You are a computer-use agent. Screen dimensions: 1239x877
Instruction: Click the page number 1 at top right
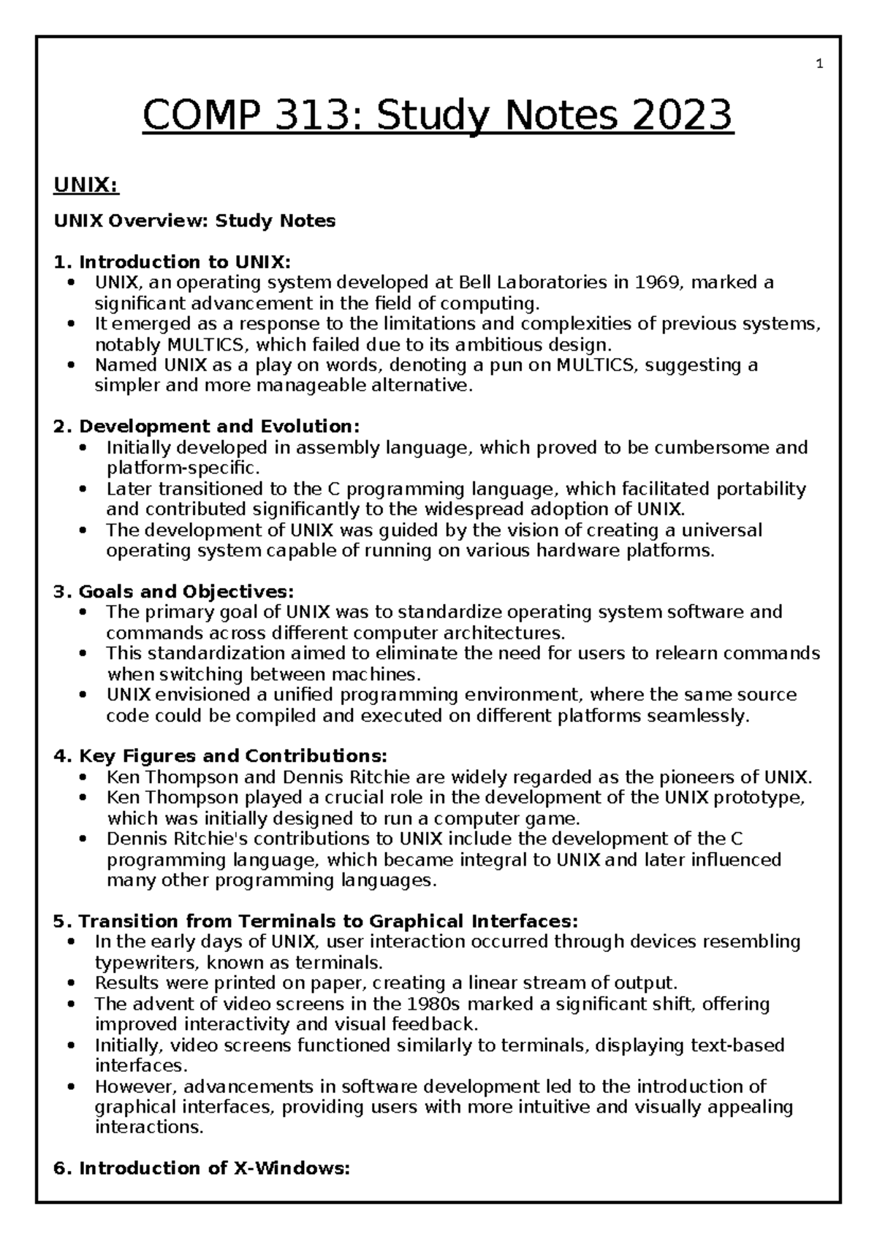pyautogui.click(x=819, y=64)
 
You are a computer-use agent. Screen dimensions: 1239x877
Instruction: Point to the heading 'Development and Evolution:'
pyautogui.click(x=219, y=426)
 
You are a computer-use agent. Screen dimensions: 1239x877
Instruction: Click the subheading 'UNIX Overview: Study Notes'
pyautogui.click(x=195, y=221)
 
